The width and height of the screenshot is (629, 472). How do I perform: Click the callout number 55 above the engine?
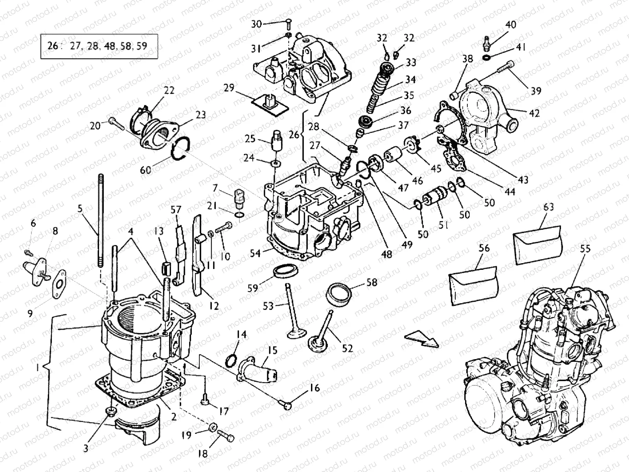[x=585, y=249]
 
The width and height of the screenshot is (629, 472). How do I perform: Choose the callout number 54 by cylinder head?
[x=256, y=253]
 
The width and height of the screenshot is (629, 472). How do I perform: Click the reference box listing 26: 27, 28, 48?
[x=99, y=46]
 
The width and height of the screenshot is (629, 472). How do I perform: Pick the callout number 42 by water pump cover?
[x=534, y=113]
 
